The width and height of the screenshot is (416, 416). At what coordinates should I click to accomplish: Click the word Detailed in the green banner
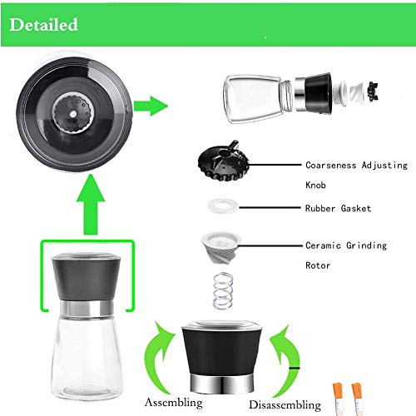click(x=44, y=25)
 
